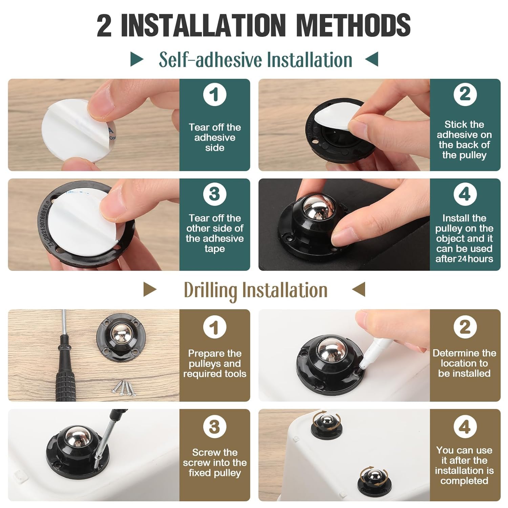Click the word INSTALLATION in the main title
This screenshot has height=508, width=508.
pyautogui.click(x=203, y=25)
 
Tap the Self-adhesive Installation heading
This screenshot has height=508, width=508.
pyautogui.click(x=255, y=60)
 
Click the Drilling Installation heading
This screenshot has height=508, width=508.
pyautogui.click(x=255, y=290)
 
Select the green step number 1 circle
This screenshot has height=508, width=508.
pyautogui.click(x=214, y=94)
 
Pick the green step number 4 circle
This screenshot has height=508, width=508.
pyautogui.click(x=465, y=194)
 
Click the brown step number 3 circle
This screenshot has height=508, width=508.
pyautogui.click(x=214, y=427)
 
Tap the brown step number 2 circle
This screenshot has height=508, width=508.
pyautogui.click(x=465, y=327)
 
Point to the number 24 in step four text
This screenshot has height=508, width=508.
pyautogui.click(x=462, y=259)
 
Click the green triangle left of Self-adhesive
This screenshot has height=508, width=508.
pyautogui.click(x=137, y=60)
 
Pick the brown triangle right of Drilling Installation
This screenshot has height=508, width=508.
pyautogui.click(x=359, y=290)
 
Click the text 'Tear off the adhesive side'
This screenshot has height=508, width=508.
pyautogui.click(x=214, y=137)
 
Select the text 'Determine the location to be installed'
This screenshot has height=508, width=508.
pyautogui.click(x=464, y=363)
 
